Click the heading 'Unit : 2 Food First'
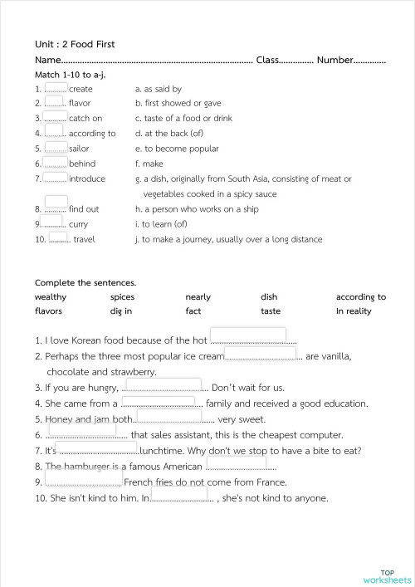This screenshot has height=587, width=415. tap(75, 44)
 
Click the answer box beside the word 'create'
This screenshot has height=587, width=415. tap(56, 88)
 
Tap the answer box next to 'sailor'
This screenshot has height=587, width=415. tap(56, 147)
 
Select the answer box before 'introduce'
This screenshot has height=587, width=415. tap(56, 177)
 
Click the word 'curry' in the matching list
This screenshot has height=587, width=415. tap(78, 224)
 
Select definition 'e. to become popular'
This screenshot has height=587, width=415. tap(176, 149)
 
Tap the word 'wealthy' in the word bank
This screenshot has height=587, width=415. tap(51, 297)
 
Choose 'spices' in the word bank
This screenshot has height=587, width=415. tap(122, 297)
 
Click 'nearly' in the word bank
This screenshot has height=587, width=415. tap(198, 297)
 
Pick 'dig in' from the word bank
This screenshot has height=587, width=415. tap(121, 312)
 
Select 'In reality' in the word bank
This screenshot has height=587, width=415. tap(354, 312)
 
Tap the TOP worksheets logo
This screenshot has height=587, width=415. tap(387, 576)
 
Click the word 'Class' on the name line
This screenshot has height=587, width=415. tap(268, 60)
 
